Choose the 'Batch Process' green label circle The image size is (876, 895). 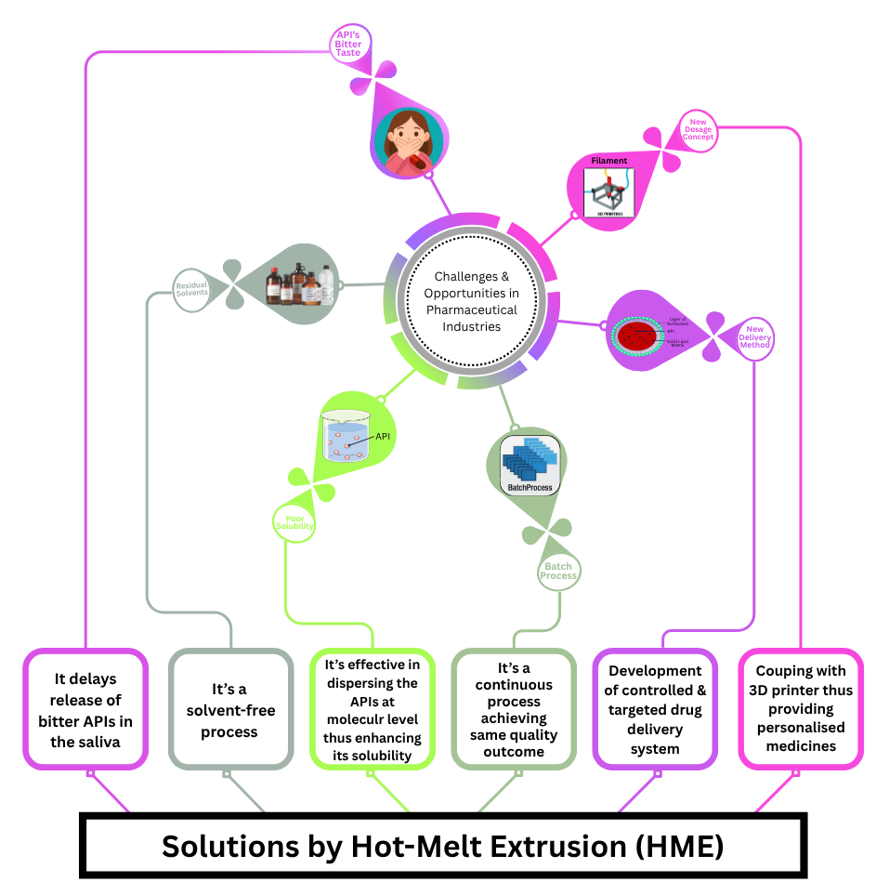tap(559, 570)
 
